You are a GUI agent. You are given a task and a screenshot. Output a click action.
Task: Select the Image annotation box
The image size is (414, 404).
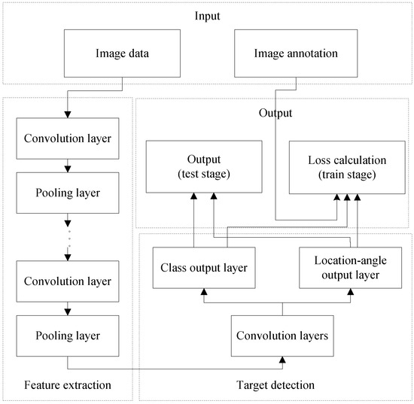click(286, 53)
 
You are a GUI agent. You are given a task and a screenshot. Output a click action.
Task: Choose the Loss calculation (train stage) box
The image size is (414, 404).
click(336, 167)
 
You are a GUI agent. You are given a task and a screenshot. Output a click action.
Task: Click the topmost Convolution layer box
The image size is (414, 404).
click(68, 139)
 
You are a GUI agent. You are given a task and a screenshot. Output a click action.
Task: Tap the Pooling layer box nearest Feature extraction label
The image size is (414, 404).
click(68, 335)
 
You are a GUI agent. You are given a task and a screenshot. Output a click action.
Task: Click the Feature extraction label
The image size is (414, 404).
click(68, 385)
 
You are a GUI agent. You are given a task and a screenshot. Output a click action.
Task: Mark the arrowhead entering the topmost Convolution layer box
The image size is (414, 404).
click(68, 114)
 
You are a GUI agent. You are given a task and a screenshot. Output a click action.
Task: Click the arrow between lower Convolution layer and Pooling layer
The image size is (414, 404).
click(68, 307)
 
